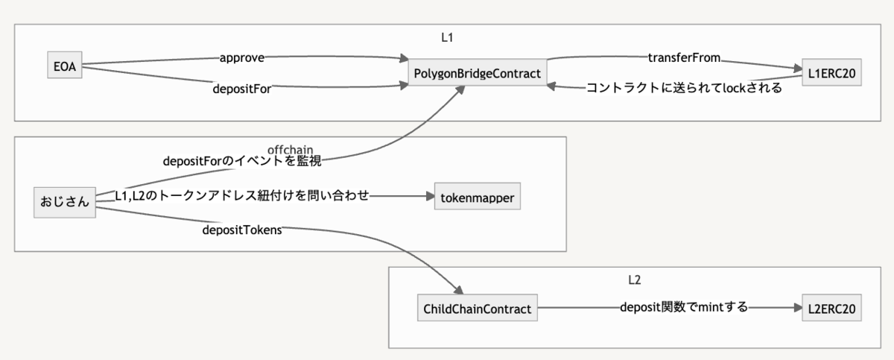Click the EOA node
(x=65, y=65)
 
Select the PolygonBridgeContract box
(x=478, y=72)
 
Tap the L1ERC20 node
(x=831, y=72)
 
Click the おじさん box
(x=65, y=202)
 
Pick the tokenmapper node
(x=478, y=196)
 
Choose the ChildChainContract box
(x=478, y=308)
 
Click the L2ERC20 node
(x=831, y=308)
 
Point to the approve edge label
(x=242, y=58)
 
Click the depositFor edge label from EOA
(x=242, y=88)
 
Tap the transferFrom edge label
(x=684, y=57)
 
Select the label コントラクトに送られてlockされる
(x=684, y=88)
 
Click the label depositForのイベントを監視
(x=242, y=161)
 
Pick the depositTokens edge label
(x=242, y=230)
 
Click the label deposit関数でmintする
(x=684, y=307)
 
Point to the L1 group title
(x=447, y=37)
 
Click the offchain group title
(x=290, y=150)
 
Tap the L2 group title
(x=635, y=280)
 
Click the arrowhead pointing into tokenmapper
(x=431, y=196)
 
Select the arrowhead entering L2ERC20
(x=798, y=308)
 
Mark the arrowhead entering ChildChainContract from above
(x=459, y=290)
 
